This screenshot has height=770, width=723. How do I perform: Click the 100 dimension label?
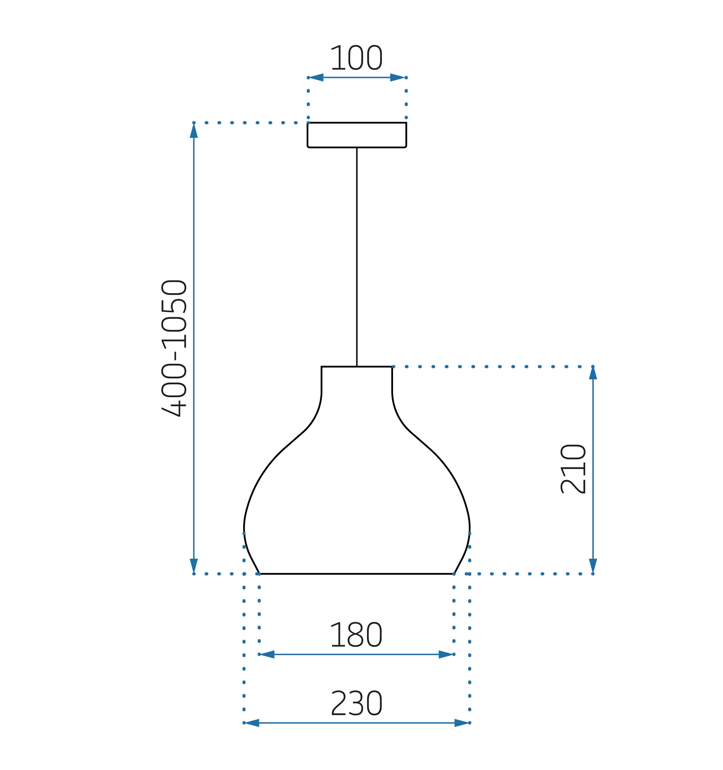tap(356, 58)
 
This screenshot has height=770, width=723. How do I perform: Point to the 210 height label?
tap(573, 469)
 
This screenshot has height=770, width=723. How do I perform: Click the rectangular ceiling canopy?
tap(357, 135)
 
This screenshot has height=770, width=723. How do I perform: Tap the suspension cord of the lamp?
tap(357, 257)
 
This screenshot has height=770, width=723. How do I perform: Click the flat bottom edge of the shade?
tap(357, 574)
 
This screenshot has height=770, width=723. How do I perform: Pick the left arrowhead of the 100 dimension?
tap(316, 78)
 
